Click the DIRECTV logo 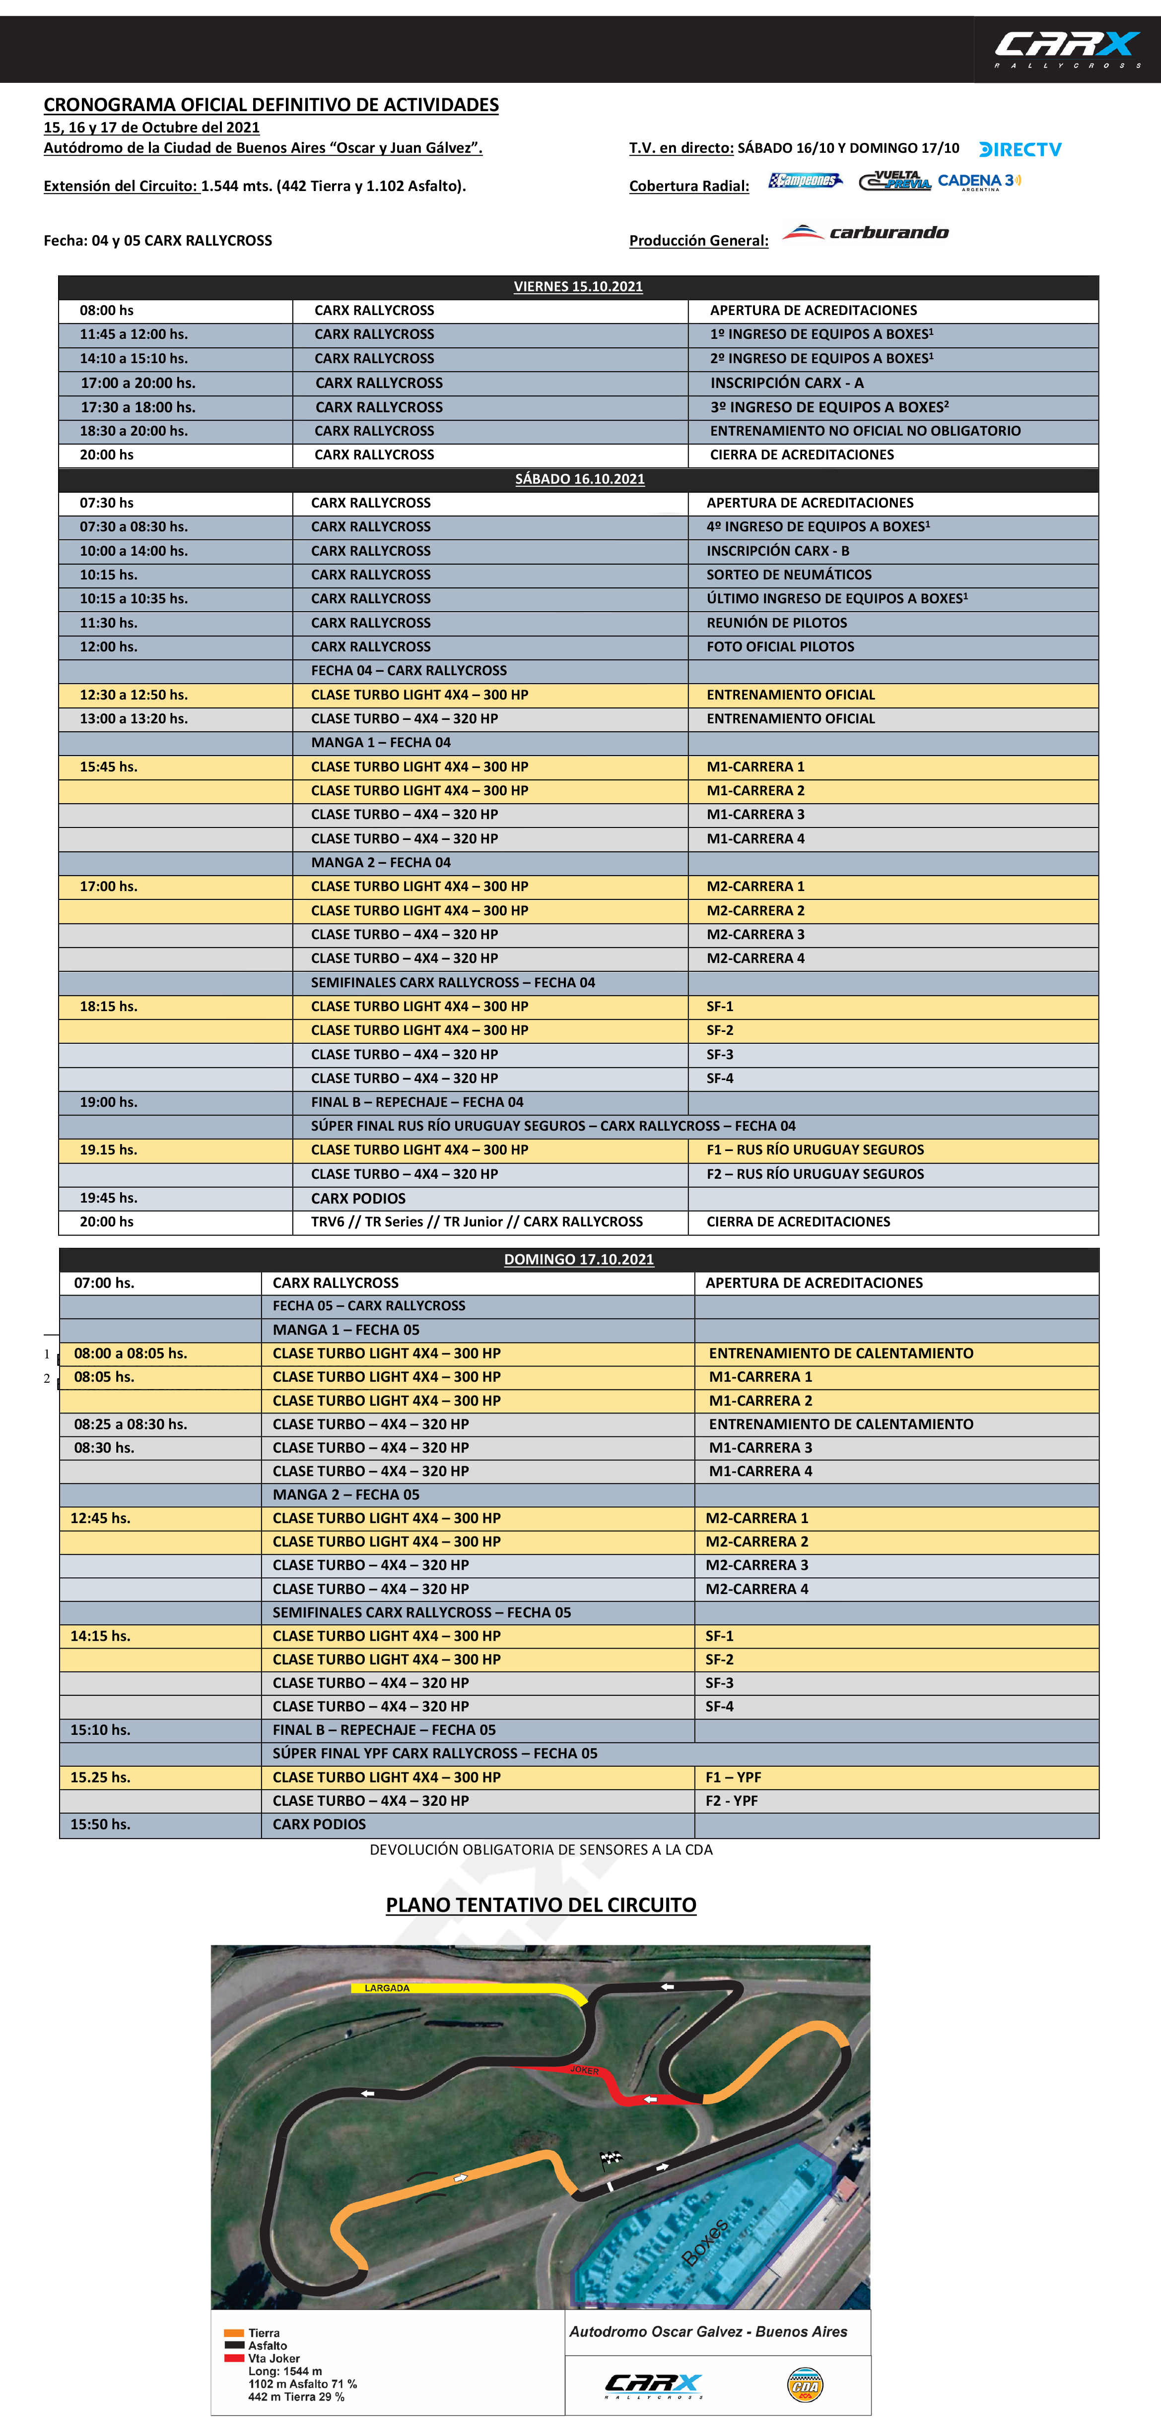1020,149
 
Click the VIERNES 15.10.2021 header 578,286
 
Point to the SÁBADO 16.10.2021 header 579,479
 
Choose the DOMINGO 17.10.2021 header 578,1259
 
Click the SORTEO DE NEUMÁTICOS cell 789,574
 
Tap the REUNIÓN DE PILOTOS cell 776,623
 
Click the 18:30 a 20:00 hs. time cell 133,431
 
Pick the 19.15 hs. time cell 109,1150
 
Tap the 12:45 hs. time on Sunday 100,1518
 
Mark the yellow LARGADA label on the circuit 387,1988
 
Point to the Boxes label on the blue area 705,2242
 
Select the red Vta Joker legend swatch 233,2358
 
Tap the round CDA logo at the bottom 805,2385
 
